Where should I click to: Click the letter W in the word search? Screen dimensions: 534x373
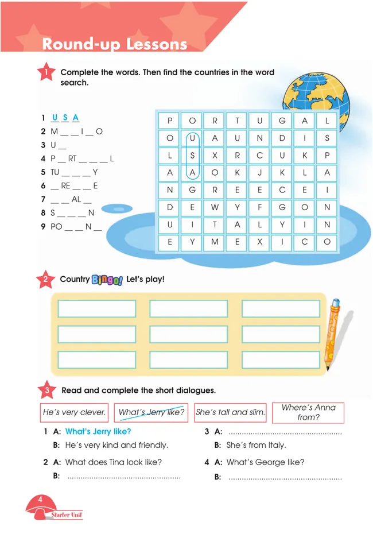tap(215, 207)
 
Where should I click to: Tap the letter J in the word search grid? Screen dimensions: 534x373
tap(259, 172)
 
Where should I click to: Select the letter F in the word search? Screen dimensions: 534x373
tap(259, 207)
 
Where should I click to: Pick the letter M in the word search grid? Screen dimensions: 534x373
tap(215, 242)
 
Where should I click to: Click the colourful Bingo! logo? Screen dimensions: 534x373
tap(107, 280)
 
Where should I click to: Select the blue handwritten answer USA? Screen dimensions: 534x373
tap(64, 118)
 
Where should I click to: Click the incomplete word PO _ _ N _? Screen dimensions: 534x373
tap(76, 226)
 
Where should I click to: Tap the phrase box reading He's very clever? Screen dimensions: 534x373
tap(75, 412)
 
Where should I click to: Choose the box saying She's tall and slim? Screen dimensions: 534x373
tap(230, 412)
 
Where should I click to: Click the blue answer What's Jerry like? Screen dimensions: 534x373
tap(98, 432)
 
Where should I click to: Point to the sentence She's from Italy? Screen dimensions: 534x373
tap(256, 445)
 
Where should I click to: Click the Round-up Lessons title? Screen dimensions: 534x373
tap(115, 44)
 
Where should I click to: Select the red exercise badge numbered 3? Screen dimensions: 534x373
tap(46, 390)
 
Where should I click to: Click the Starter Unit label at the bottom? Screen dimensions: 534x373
tap(67, 515)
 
